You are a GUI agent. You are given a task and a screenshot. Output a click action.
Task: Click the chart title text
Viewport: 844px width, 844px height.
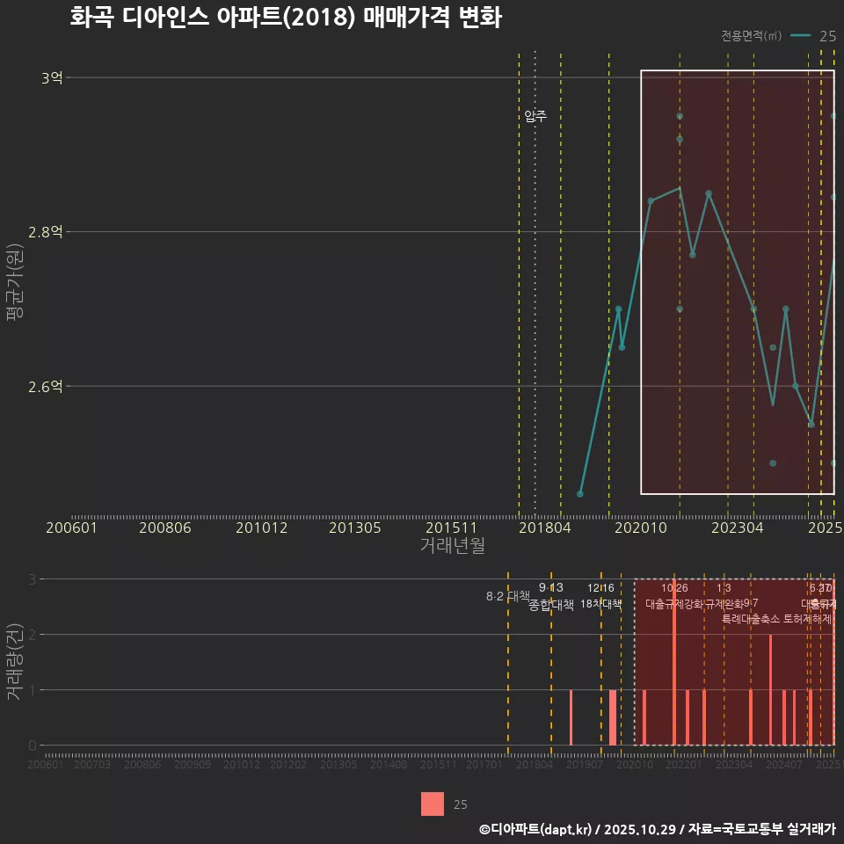[x=285, y=18]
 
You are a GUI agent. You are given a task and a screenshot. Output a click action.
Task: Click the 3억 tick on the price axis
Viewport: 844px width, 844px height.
[x=52, y=77]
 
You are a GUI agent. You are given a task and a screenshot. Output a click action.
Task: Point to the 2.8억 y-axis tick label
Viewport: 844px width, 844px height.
[x=46, y=232]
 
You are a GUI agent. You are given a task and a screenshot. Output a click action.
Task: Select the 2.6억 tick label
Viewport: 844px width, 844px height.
[x=46, y=387]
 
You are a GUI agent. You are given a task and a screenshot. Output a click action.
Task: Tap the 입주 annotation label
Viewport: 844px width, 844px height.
[x=535, y=116]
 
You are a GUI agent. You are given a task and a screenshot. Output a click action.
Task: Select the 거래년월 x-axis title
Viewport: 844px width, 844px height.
[x=452, y=545]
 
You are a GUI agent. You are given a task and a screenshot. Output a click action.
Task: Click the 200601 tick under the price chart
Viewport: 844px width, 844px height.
[x=71, y=527]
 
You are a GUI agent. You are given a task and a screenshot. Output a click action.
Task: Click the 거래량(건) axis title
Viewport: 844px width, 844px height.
[x=15, y=661]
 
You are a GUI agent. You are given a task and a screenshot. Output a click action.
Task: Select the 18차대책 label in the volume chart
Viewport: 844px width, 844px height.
[x=600, y=604]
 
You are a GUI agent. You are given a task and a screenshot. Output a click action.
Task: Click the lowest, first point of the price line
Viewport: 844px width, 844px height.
[x=579, y=494]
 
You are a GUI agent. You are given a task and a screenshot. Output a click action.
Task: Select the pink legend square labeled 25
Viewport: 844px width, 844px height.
[x=433, y=804]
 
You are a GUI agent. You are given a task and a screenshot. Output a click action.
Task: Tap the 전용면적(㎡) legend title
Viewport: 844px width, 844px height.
[x=751, y=36]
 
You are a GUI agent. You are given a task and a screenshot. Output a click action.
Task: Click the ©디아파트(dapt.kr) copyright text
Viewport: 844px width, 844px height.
[x=537, y=828]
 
